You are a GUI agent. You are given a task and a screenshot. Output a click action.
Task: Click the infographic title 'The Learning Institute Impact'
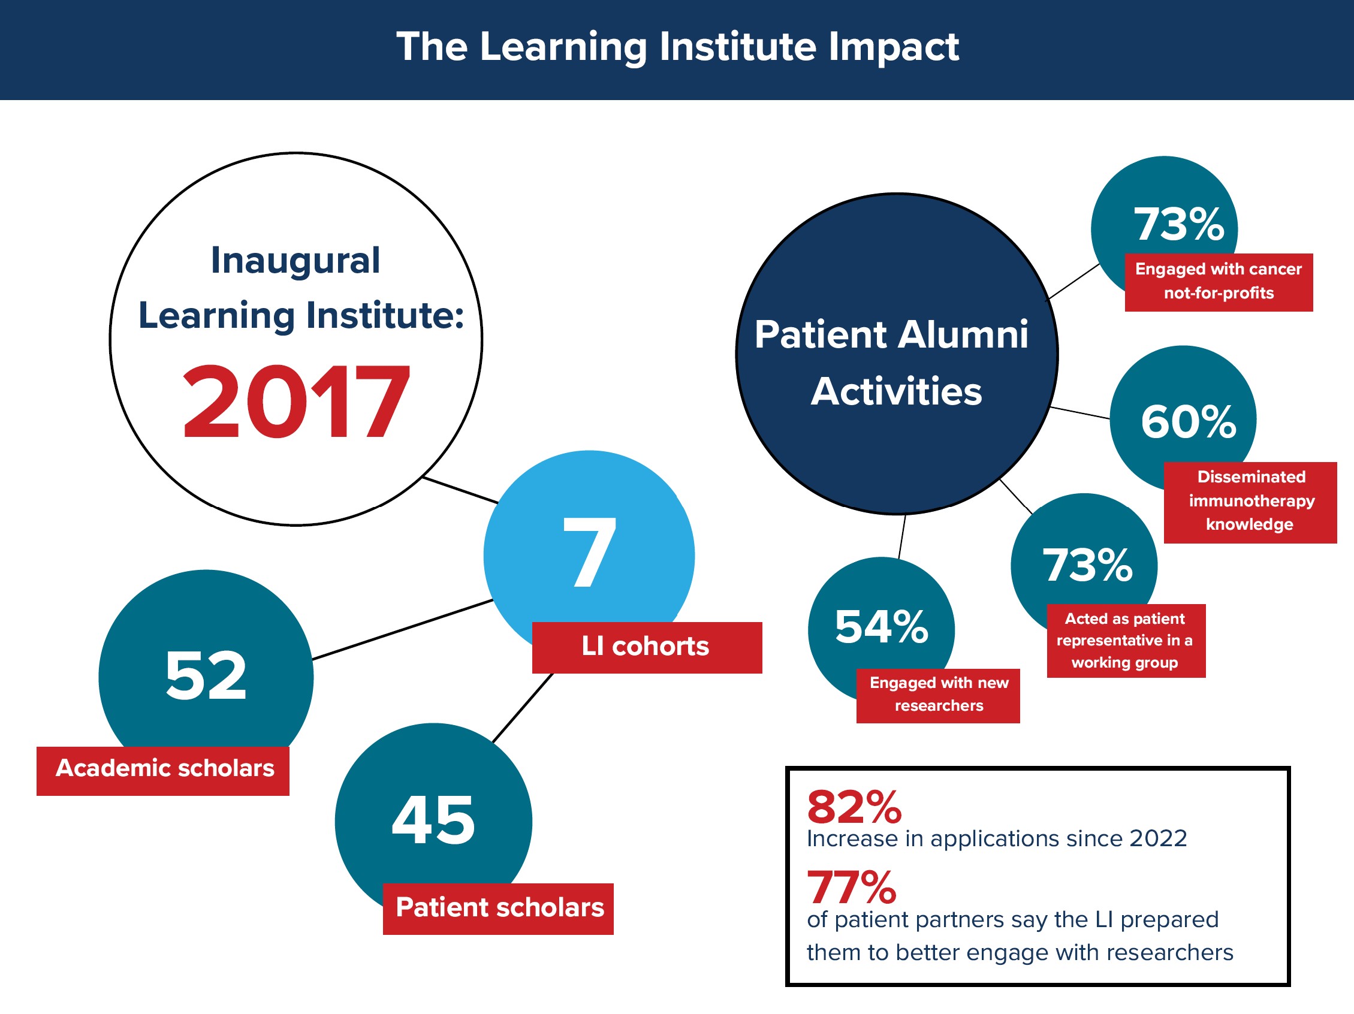point(678,48)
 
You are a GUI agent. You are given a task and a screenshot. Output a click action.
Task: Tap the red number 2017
point(296,402)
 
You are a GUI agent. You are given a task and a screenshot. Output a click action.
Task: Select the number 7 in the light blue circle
point(589,551)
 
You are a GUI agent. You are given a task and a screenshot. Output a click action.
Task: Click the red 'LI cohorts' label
point(647,647)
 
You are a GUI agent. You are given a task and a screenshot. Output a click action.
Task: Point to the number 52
point(206,675)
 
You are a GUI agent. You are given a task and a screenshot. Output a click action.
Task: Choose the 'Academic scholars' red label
point(163,771)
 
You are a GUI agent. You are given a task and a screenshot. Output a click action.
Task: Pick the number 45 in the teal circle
point(433,820)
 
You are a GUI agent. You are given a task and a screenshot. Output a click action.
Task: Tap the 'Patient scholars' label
point(498,908)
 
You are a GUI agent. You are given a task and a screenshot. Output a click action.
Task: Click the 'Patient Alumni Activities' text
point(892,363)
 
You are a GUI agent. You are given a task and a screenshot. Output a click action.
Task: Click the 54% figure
point(882,627)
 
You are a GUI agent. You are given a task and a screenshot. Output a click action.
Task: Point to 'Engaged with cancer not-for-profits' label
point(1219,282)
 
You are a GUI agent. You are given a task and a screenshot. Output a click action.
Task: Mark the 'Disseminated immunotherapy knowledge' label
point(1250,502)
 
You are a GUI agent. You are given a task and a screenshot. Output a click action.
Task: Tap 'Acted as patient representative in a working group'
point(1126,640)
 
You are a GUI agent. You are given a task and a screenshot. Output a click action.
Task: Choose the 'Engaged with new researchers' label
point(939,695)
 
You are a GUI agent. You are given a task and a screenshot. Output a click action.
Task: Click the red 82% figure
point(855,807)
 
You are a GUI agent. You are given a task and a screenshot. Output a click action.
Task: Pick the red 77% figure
point(852,888)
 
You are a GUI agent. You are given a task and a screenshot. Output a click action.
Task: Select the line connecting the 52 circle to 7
point(403,630)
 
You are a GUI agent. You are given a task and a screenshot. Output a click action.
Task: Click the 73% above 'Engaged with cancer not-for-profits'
point(1179,224)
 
